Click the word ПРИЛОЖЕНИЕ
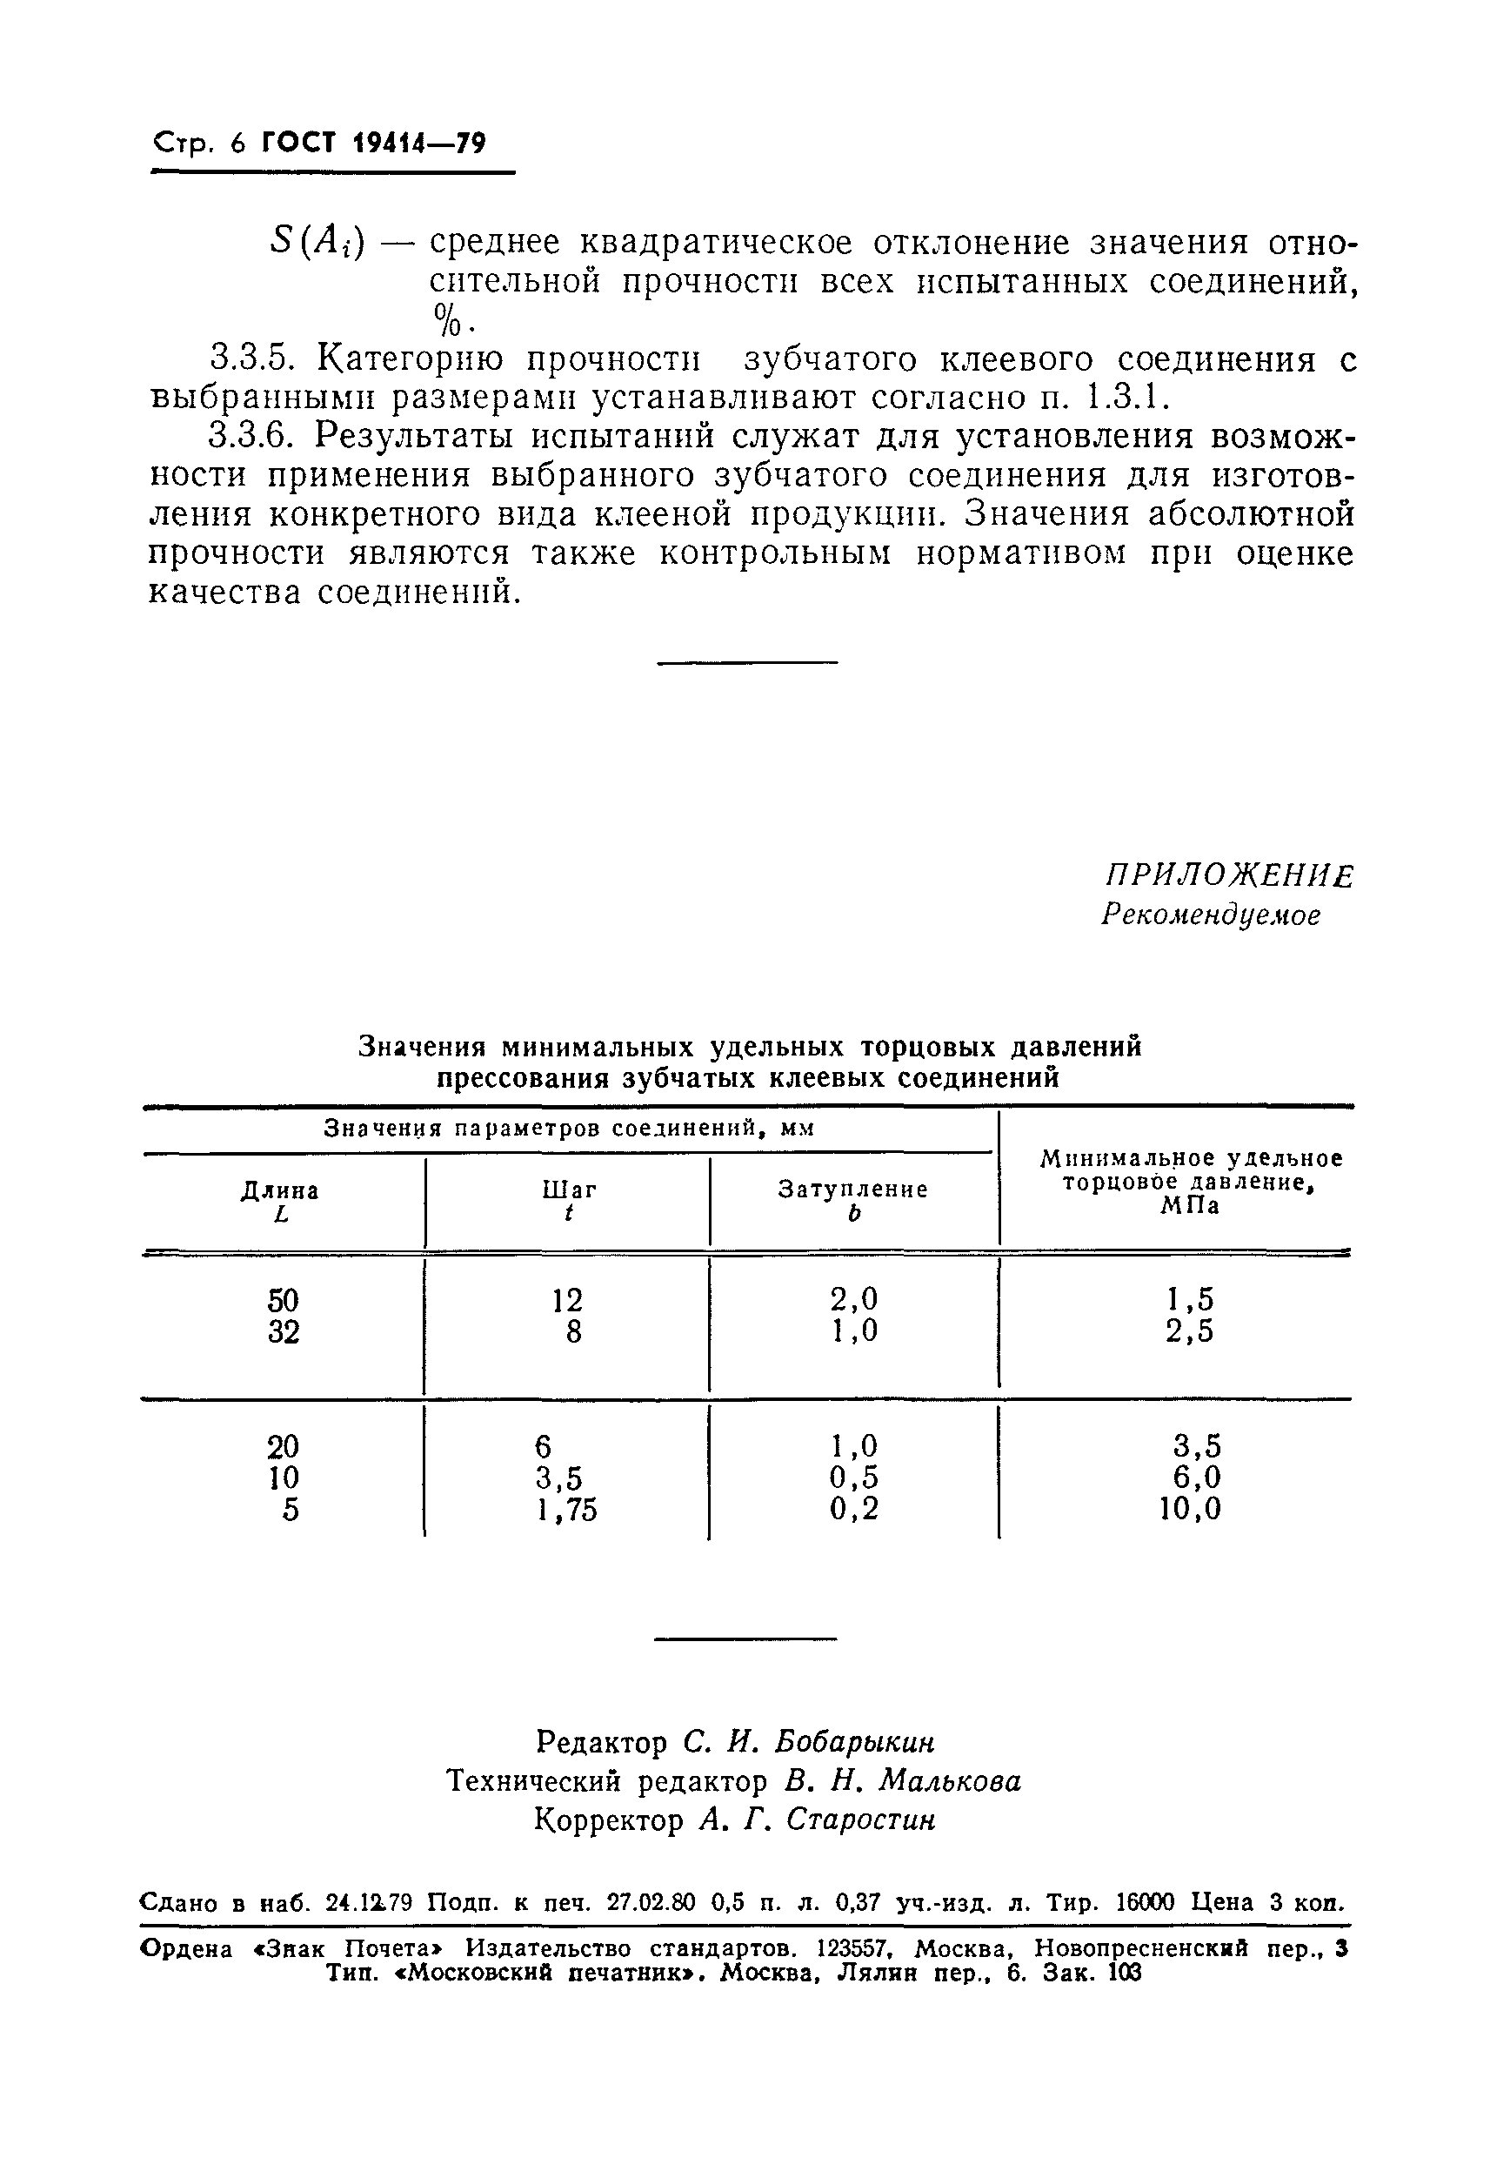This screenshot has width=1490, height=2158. pyautogui.click(x=1228, y=876)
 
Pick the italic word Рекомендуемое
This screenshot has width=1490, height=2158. pyautogui.click(x=1211, y=915)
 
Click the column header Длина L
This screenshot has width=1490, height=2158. pyautogui.click(x=280, y=1202)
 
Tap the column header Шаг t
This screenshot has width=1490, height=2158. pyautogui.click(x=569, y=1201)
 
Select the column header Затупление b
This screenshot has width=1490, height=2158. pyautogui.click(x=853, y=1201)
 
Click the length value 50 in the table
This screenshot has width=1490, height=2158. pyautogui.click(x=283, y=1301)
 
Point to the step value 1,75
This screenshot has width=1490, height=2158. pyautogui.click(x=566, y=1509)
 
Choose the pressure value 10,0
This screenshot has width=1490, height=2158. pyautogui.click(x=1190, y=1509)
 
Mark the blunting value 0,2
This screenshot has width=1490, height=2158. pyautogui.click(x=854, y=1509)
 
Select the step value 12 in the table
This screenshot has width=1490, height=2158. pyautogui.click(x=566, y=1301)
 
